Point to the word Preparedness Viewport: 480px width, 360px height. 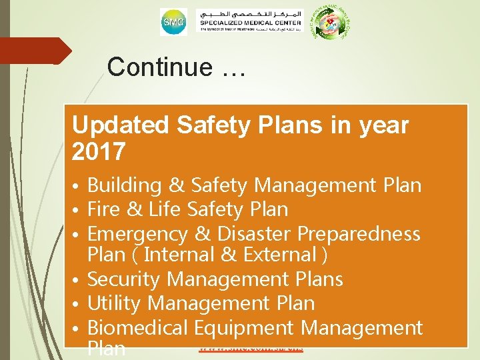click(359, 234)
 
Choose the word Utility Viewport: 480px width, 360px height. click(115, 303)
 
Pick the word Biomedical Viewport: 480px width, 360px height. click(138, 327)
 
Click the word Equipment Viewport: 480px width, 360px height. click(243, 327)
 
